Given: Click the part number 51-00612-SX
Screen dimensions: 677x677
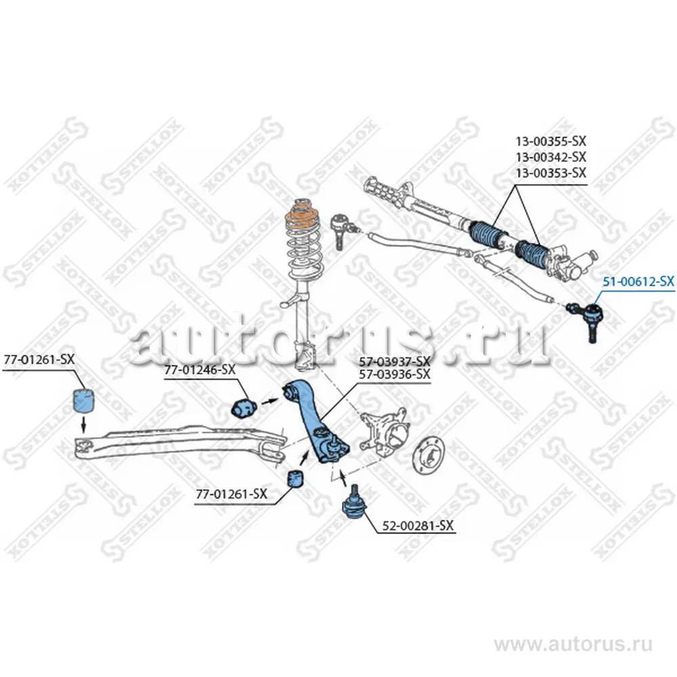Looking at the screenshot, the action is click(638, 282).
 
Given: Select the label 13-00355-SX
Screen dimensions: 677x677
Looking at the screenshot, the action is click(551, 141).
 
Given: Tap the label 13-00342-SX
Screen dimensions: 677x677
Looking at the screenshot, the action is click(551, 157).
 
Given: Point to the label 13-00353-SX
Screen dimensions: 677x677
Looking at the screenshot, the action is click(551, 173).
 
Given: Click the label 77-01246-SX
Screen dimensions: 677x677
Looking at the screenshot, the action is click(200, 370).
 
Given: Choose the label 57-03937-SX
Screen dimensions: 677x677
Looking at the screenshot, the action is click(395, 362).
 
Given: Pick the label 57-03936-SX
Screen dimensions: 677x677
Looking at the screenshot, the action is click(395, 374).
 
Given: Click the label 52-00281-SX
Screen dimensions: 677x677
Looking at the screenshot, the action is click(418, 525).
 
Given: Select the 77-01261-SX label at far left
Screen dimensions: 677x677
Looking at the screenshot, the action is click(39, 359).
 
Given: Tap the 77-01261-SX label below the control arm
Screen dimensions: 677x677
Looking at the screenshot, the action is click(232, 494).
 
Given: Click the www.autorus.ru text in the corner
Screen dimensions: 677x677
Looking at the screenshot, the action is click(573, 645).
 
